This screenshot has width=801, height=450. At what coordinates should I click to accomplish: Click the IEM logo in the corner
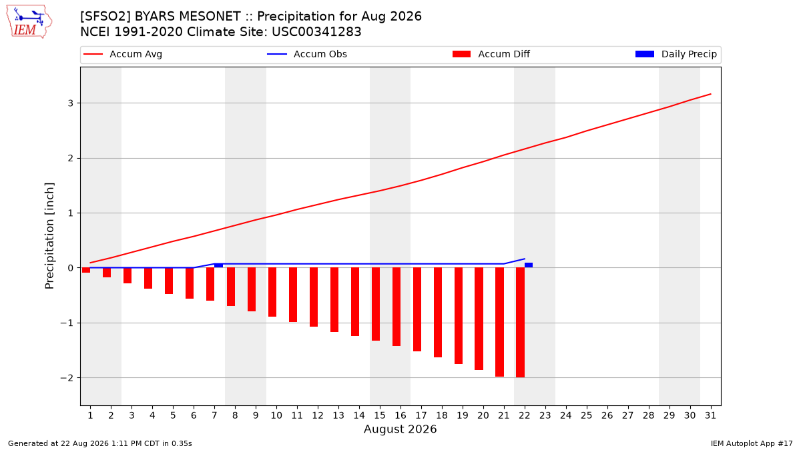point(29,22)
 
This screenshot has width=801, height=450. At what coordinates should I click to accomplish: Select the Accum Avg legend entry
point(123,54)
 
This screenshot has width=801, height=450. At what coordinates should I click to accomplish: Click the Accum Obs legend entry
point(307,54)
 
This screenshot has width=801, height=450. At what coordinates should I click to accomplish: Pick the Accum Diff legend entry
point(491,54)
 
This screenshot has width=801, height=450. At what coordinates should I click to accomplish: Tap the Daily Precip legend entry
point(676,54)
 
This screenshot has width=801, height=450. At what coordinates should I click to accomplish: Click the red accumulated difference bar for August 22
point(520,323)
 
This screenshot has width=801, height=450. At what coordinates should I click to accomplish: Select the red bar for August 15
point(375,304)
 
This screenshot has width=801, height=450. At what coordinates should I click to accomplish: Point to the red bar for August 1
point(86,271)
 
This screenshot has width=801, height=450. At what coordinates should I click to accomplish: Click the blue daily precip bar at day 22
point(529,265)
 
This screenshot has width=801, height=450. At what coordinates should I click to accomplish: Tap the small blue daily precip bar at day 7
point(218,266)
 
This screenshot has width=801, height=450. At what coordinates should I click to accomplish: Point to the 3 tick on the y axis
point(71,103)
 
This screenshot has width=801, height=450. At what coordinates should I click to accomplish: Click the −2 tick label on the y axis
point(67,378)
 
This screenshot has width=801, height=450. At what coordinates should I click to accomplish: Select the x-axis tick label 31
point(710,415)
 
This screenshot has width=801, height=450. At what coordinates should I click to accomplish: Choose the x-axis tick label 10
point(276,415)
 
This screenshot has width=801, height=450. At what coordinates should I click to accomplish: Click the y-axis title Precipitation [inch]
point(49,236)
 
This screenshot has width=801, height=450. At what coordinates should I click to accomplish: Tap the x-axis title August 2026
point(400,429)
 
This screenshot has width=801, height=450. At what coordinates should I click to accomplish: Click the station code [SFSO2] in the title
point(105,17)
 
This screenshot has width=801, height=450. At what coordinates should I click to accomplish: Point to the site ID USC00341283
point(316,32)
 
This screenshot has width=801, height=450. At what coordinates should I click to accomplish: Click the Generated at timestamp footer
point(99,443)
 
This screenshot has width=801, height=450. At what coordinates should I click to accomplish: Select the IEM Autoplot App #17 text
point(752,443)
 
